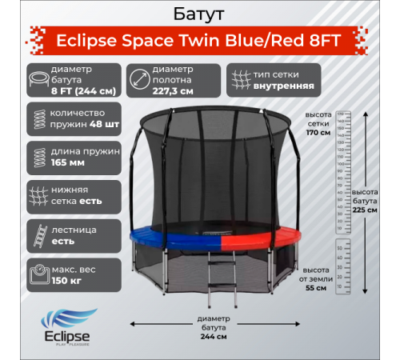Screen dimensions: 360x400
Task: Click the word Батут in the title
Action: [198, 14]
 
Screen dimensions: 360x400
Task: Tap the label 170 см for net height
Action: [318, 131]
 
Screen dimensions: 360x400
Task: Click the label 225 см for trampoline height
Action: [365, 211]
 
